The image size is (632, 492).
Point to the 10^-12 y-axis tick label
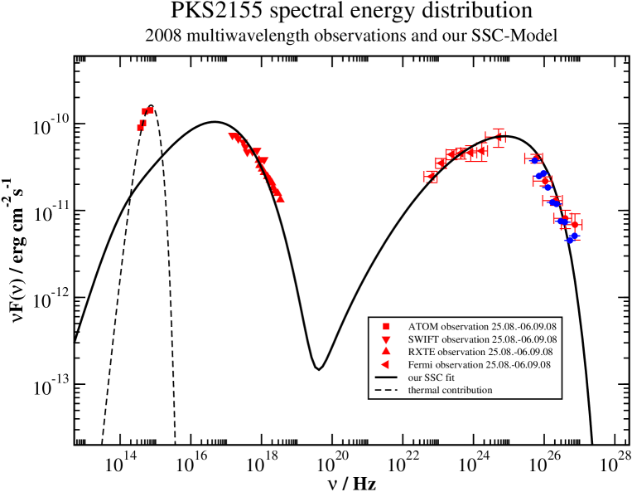pos(51,298)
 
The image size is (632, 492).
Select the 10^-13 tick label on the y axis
pos(51,384)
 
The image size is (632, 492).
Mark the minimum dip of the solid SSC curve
pos(318,368)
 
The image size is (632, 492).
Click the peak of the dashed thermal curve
pos(150,106)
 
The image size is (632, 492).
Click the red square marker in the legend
pos(386,326)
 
